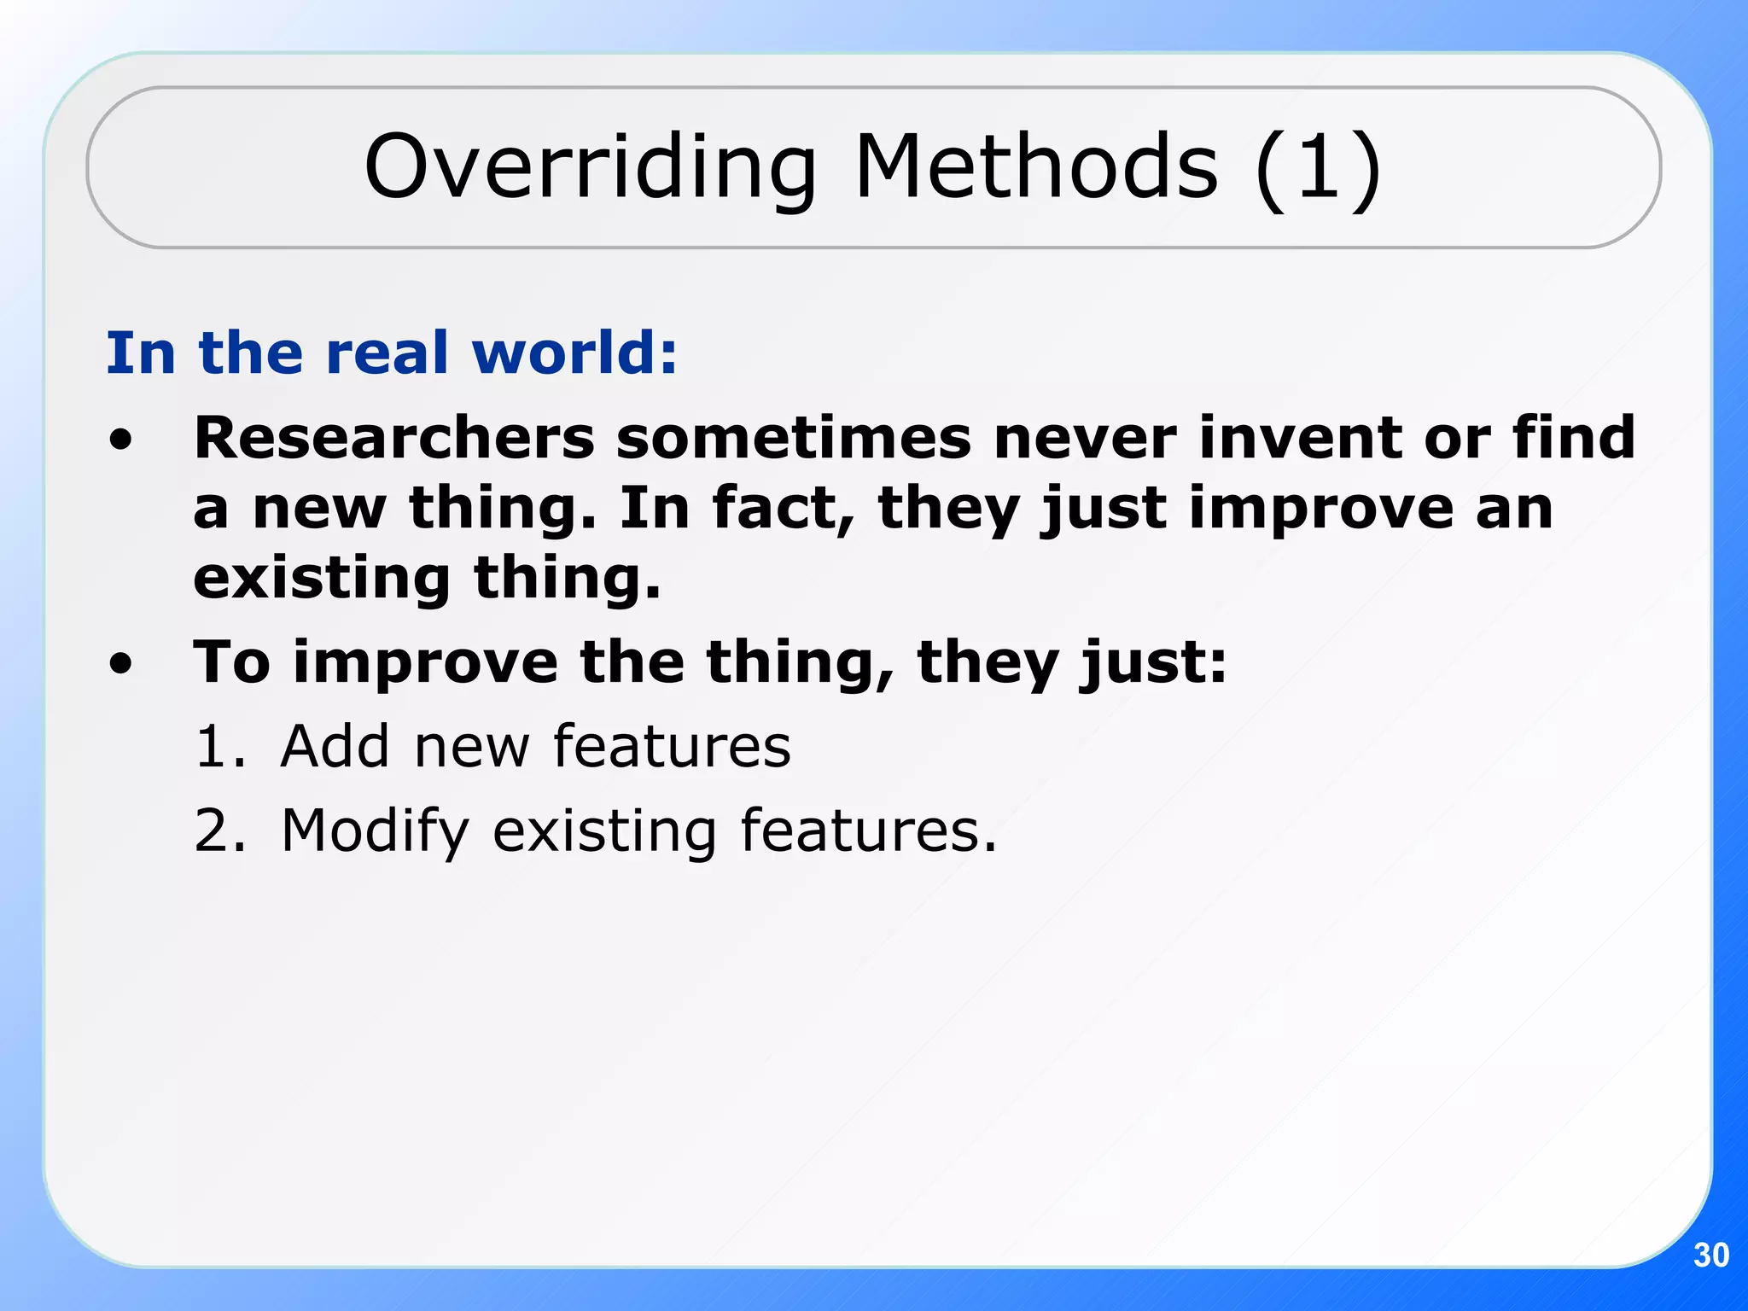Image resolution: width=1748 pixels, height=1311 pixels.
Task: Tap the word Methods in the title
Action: click(x=1036, y=167)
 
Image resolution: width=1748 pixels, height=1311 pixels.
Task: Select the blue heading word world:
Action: click(x=574, y=353)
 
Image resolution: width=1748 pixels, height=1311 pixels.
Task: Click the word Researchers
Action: click(x=394, y=438)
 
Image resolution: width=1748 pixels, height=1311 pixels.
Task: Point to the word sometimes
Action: click(x=794, y=438)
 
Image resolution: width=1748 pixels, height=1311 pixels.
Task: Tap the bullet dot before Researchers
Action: click(x=121, y=440)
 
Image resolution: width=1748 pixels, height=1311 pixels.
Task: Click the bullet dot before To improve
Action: click(x=121, y=664)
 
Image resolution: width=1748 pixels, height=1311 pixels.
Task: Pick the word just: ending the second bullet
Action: click(x=1152, y=663)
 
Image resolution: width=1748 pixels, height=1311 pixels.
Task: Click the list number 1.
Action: click(x=218, y=746)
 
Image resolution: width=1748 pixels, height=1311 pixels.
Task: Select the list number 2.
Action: click(x=218, y=830)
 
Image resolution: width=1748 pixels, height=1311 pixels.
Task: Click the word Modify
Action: click(x=375, y=831)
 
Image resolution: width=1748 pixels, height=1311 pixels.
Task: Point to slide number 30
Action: click(x=1710, y=1256)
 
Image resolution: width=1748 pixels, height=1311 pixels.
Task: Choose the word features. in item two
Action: click(x=867, y=830)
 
